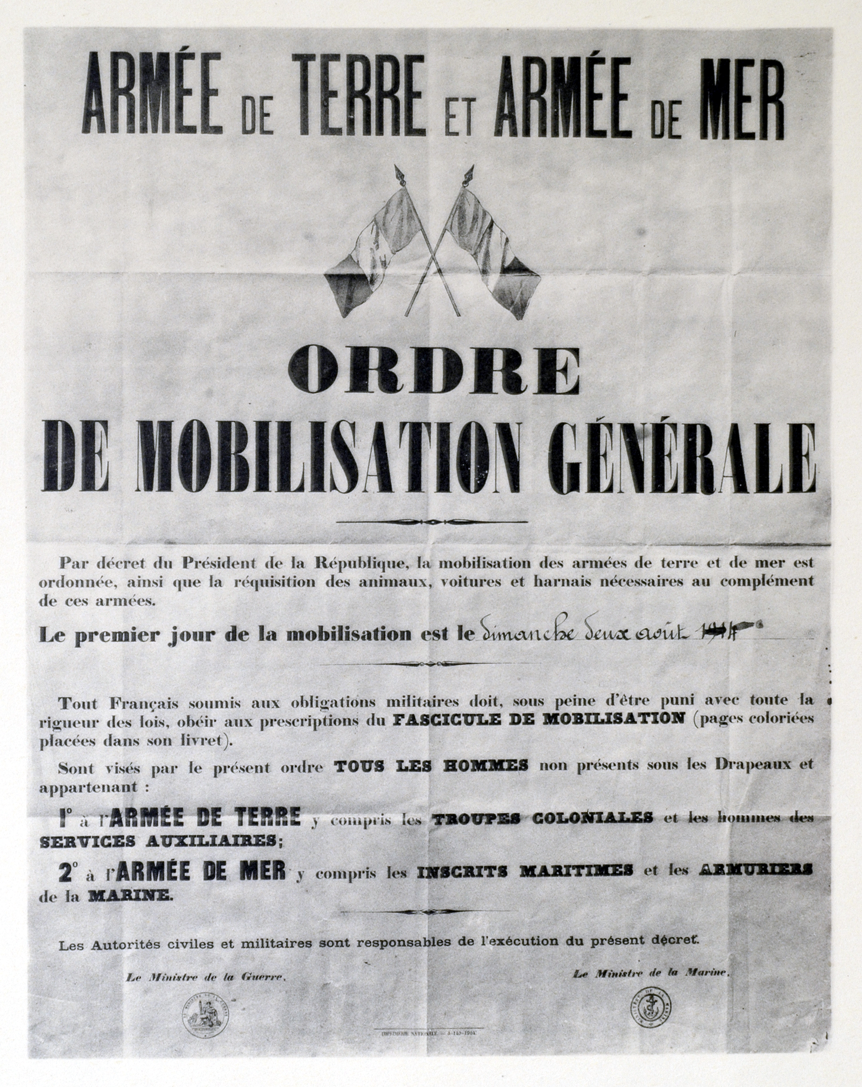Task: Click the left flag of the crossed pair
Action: (374, 247)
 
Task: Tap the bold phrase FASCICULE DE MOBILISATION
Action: (539, 719)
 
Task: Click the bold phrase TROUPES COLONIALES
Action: (543, 818)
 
